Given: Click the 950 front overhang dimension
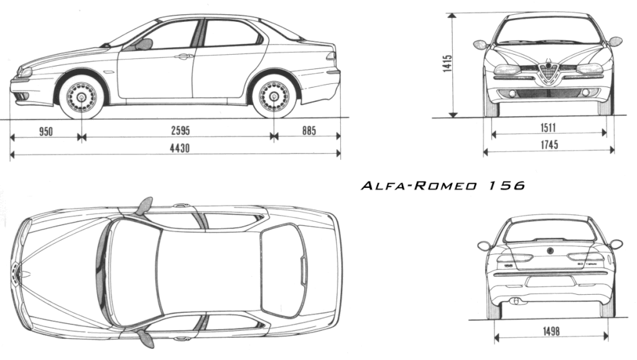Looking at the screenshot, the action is point(46,131).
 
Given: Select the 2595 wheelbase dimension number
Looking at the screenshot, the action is point(180,131).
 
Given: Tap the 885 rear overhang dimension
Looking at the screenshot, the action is point(309,131).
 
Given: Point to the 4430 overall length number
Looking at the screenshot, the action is point(180,148).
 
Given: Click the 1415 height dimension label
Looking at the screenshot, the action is point(448,63).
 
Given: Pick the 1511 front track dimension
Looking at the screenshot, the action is point(548,127).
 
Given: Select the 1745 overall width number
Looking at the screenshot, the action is point(549,144).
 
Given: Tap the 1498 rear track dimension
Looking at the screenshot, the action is point(551,331).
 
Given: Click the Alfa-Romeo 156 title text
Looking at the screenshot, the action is point(443,186).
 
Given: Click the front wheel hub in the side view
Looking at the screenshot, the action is point(81,98).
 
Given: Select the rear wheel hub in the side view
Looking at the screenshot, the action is point(274,97).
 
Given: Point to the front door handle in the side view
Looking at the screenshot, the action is point(184,56).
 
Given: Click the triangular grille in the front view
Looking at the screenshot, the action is point(549,73).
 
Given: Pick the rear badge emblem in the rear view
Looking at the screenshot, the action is point(550,251).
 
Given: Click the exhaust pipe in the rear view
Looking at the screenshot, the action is point(516,301).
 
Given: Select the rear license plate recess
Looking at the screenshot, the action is point(551,281).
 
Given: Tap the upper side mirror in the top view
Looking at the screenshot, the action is point(144,205).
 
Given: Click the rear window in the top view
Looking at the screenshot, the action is point(283,270).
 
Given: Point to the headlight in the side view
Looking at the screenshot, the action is point(25,73).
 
